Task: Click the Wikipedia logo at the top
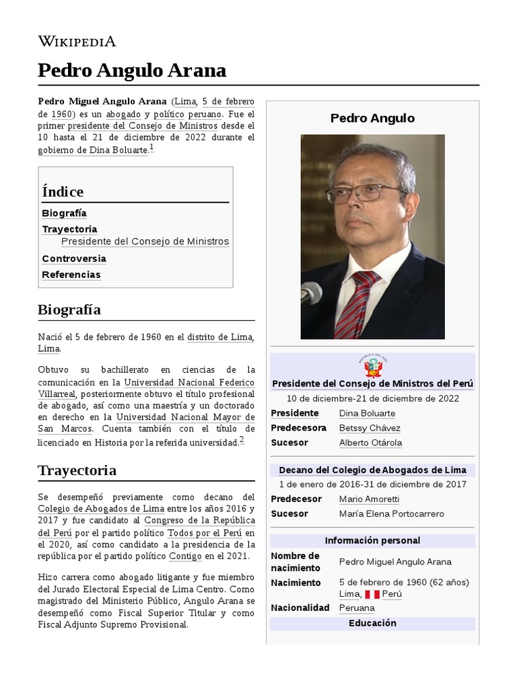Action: pyautogui.click(x=77, y=41)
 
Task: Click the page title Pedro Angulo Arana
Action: pyautogui.click(x=132, y=70)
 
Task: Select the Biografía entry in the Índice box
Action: pyautogui.click(x=64, y=213)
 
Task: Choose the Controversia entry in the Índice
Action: pyautogui.click(x=74, y=258)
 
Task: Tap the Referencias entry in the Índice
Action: pyautogui.click(x=71, y=275)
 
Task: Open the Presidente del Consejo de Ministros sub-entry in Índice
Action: pyautogui.click(x=145, y=242)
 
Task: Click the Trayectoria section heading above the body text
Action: pyautogui.click(x=77, y=470)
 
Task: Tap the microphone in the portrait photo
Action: pyautogui.click(x=310, y=293)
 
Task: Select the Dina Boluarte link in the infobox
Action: pyautogui.click(x=367, y=413)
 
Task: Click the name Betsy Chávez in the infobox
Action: pyautogui.click(x=370, y=428)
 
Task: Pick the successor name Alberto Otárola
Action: pyautogui.click(x=370, y=443)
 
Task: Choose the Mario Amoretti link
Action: pyautogui.click(x=369, y=499)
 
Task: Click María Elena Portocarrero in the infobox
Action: pyautogui.click(x=392, y=513)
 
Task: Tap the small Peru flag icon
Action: pyautogui.click(x=372, y=595)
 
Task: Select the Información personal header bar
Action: pyautogui.click(x=372, y=540)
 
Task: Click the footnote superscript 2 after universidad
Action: pyautogui.click(x=242, y=440)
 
